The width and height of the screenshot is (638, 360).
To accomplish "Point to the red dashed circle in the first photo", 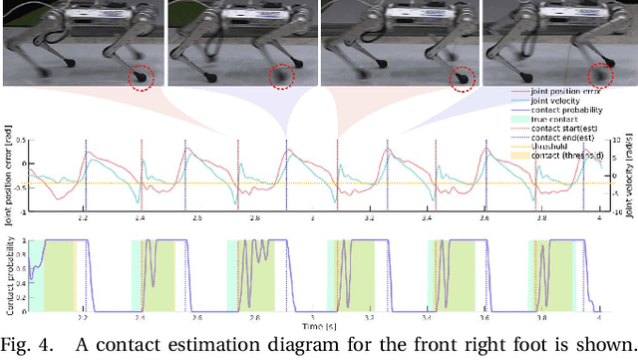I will coord(143,75).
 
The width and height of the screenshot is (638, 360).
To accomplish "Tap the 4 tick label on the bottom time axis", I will coord(598,319).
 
